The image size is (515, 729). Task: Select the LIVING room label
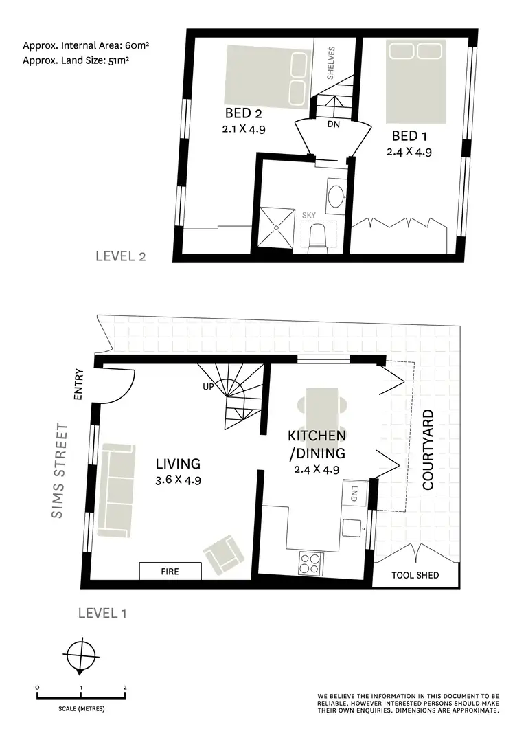point(177,464)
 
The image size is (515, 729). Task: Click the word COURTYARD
point(428,449)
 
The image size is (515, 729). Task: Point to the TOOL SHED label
point(415,575)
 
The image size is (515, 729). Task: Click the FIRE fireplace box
point(170,572)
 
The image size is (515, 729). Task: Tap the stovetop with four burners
point(310,564)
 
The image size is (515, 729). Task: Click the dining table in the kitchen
point(321,410)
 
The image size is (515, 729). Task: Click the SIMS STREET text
point(61,471)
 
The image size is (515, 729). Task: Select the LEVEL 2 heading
point(121,257)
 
